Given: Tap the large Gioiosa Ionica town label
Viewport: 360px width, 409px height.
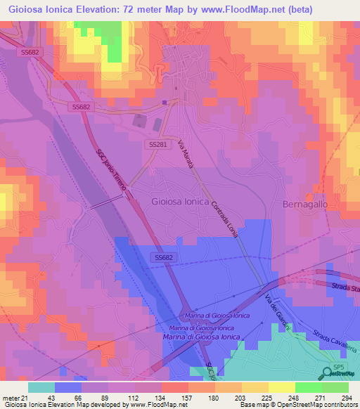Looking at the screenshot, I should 179,201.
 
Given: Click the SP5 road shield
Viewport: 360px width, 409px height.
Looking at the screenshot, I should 339,368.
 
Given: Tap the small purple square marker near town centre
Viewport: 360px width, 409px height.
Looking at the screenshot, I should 164,102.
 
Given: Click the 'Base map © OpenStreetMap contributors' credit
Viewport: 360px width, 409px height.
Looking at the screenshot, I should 297,405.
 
